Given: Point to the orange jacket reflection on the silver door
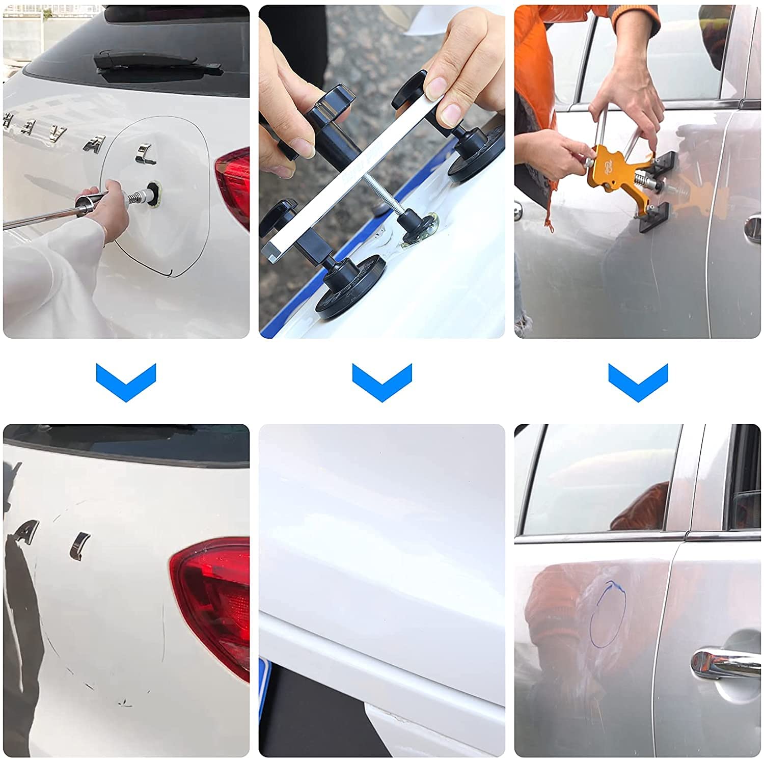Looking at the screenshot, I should pyautogui.click(x=550, y=596).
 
